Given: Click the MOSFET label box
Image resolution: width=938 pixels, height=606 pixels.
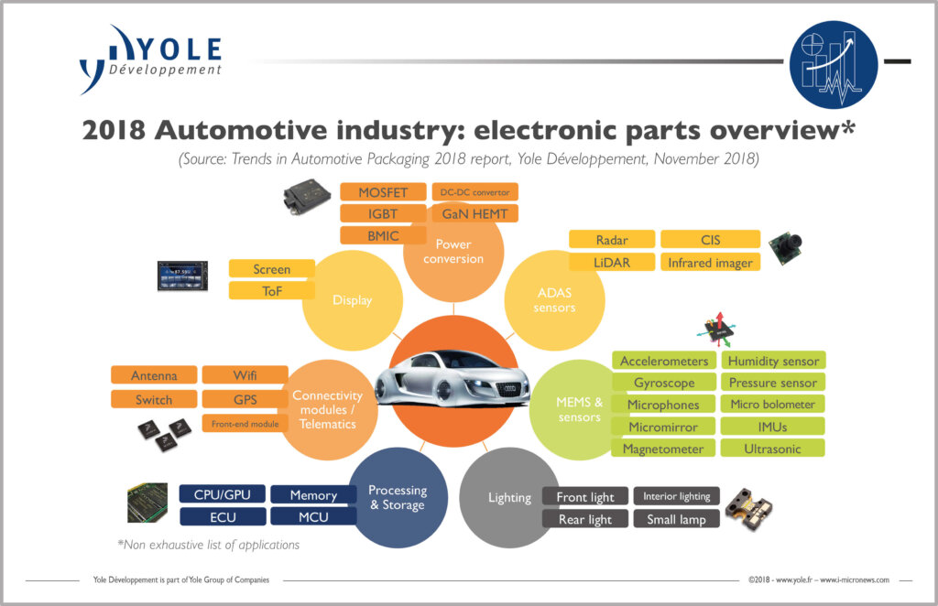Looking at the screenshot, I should click(384, 191).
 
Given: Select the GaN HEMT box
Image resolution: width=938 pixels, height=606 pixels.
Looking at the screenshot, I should click(474, 213).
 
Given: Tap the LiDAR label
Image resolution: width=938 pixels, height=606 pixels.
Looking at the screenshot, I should click(611, 263).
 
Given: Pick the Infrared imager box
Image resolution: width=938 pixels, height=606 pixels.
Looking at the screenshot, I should click(710, 263).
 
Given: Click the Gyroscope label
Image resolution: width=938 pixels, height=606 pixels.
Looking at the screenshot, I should click(664, 383).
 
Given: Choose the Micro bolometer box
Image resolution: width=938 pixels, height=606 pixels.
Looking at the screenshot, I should click(772, 405).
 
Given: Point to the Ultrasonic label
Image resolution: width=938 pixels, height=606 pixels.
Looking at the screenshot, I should click(772, 449).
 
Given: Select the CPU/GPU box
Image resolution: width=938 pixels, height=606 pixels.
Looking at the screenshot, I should click(223, 494).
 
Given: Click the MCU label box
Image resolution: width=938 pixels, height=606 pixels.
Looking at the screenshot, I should click(313, 516).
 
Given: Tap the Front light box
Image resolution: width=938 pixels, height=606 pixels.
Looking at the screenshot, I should click(584, 497).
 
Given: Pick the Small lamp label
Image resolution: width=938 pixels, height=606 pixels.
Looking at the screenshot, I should click(676, 519).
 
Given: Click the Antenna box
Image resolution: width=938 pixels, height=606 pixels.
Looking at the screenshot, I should click(154, 375).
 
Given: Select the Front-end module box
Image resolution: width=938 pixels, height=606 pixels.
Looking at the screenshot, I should click(245, 424).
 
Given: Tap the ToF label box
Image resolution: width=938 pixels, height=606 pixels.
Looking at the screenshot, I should click(271, 291).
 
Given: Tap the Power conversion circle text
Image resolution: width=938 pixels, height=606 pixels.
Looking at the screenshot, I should click(453, 252).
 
